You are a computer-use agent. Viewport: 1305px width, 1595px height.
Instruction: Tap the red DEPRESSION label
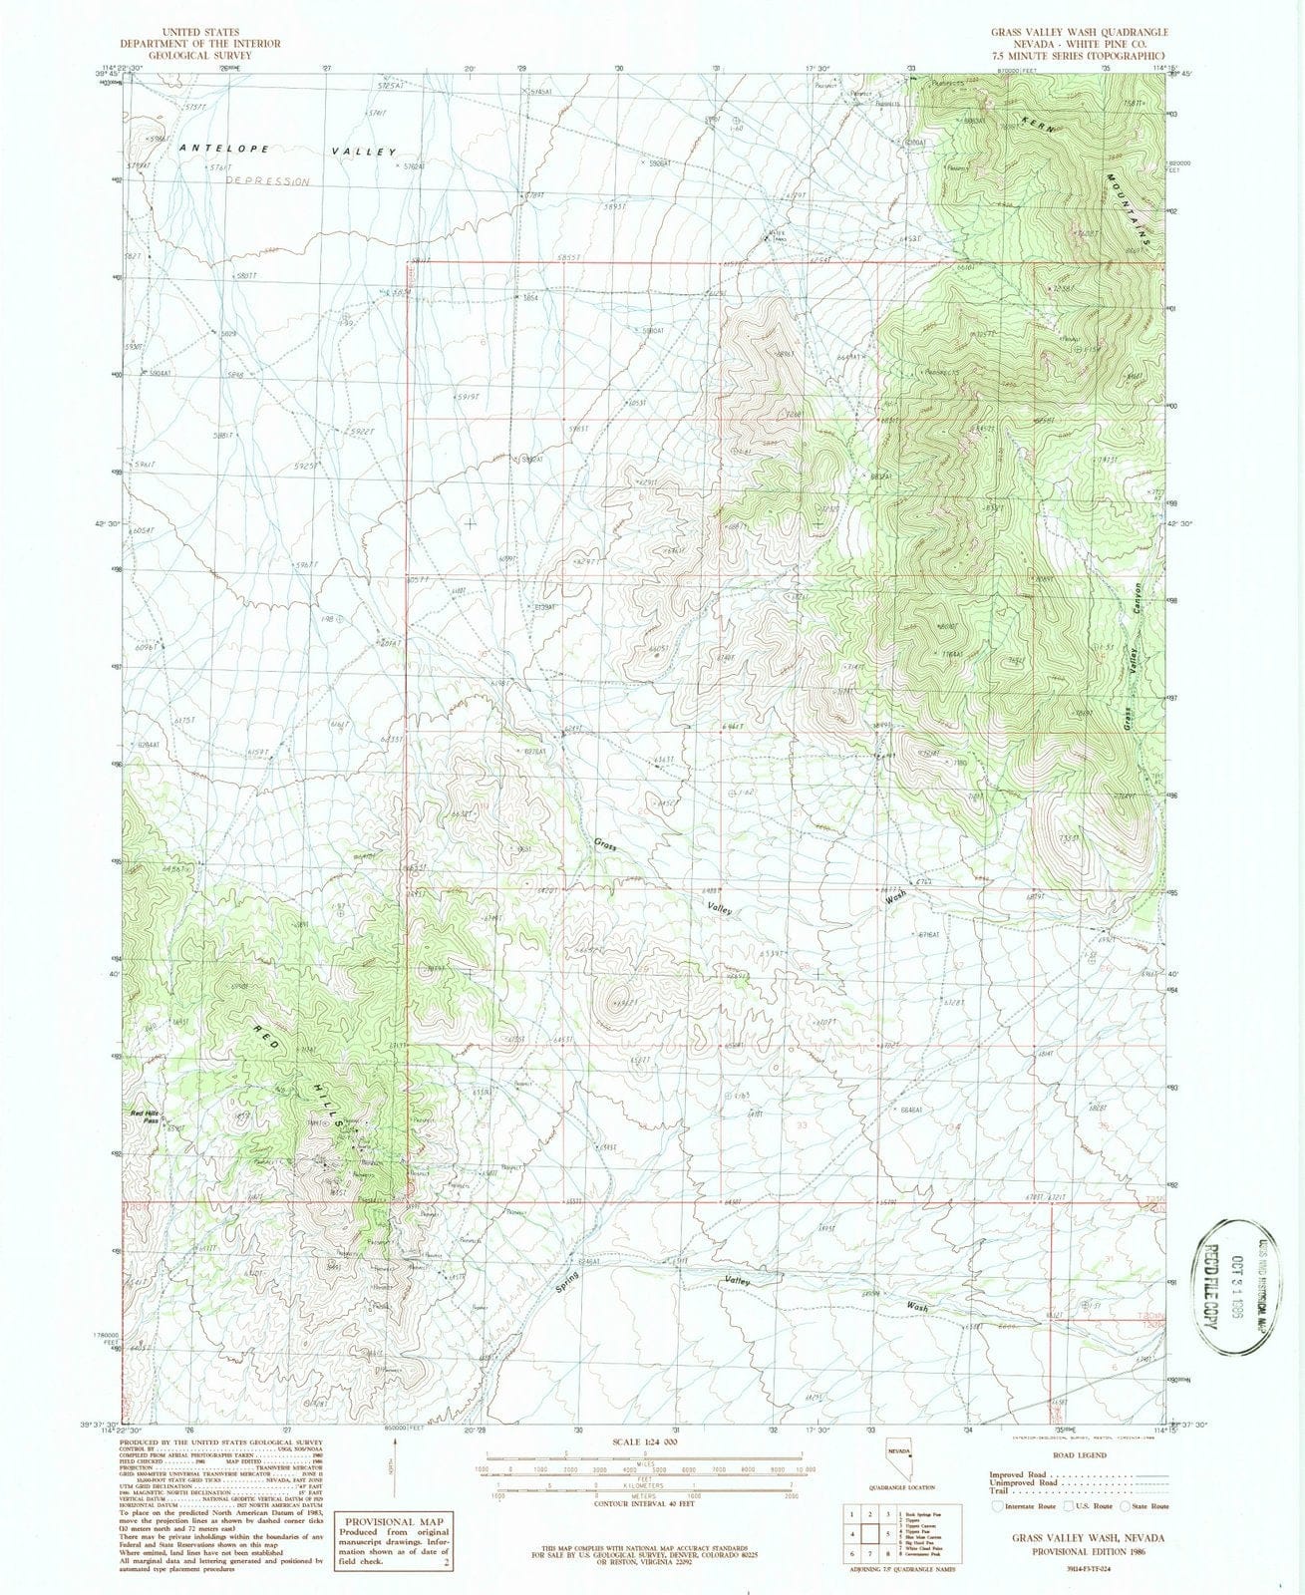[x=267, y=181]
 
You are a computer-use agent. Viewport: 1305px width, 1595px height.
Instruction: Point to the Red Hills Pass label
[x=139, y=1116]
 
